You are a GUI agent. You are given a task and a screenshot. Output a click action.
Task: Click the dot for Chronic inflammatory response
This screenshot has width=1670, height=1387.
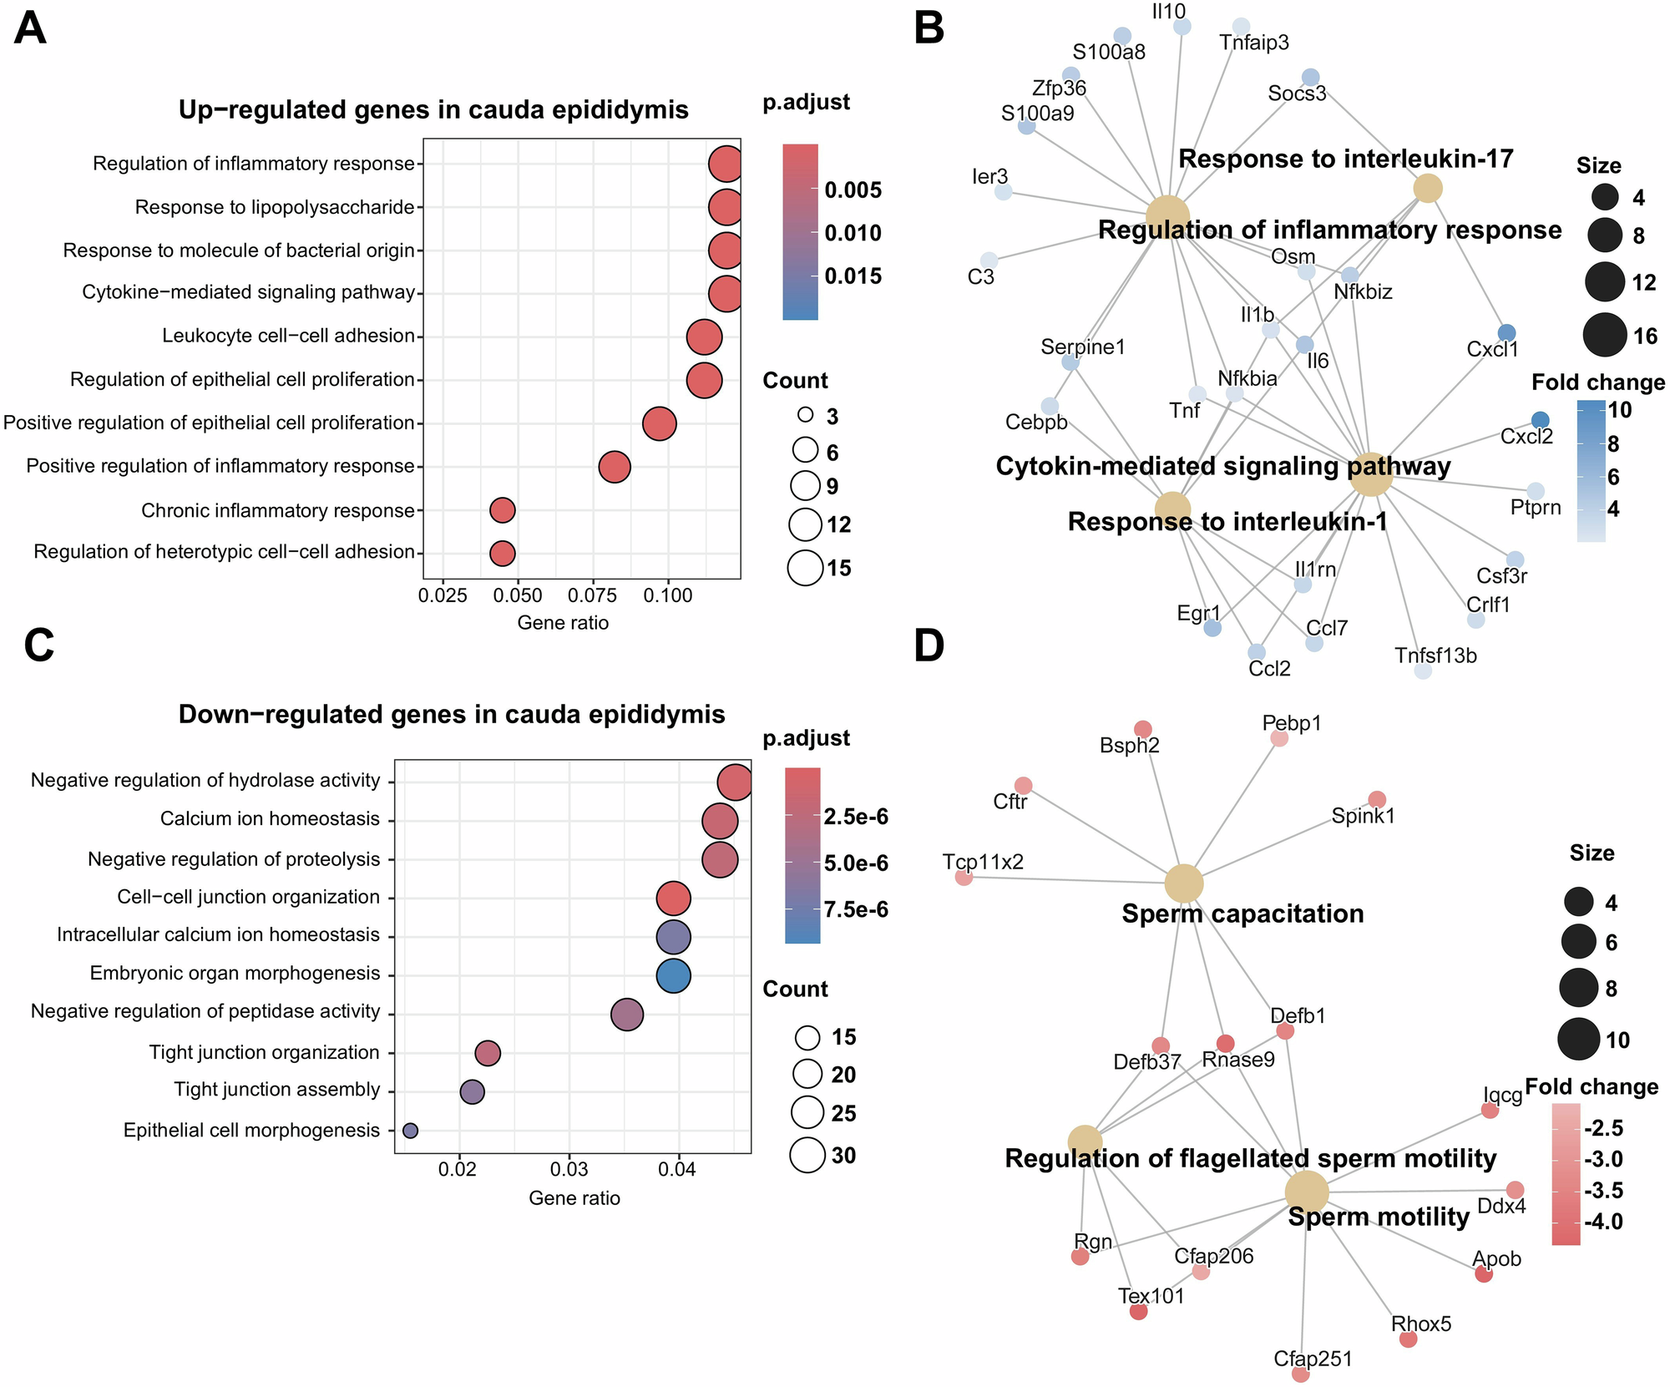(502, 510)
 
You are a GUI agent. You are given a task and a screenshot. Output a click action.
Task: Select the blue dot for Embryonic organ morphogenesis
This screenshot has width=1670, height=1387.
(673, 975)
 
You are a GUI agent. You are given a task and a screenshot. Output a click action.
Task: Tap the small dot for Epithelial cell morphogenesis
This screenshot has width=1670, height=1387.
(410, 1130)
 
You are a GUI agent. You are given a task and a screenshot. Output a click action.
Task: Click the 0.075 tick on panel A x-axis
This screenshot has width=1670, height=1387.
(594, 595)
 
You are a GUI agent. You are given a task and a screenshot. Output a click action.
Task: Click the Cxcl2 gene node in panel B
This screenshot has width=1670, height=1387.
(1541, 420)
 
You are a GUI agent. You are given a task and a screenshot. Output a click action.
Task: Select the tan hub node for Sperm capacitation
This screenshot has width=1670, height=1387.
(1184, 883)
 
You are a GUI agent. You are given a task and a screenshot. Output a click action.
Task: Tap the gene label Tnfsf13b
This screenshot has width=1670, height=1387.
(1435, 656)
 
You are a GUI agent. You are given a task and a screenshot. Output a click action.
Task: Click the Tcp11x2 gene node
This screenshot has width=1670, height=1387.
(964, 878)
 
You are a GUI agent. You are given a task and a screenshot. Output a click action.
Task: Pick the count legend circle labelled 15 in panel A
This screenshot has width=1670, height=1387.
(806, 569)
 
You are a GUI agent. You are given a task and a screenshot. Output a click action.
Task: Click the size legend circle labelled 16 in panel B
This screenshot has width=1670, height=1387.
(1605, 336)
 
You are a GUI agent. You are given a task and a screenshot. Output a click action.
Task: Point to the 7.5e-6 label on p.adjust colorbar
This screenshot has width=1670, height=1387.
(856, 909)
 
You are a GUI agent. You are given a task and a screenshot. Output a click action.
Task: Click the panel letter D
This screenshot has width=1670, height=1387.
(929, 645)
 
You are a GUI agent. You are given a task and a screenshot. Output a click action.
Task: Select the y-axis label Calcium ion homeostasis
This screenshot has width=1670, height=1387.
(270, 819)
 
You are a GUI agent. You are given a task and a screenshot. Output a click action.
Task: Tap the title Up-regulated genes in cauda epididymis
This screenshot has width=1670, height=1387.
(433, 110)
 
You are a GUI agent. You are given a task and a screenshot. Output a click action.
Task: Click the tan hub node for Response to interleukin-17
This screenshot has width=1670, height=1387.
(1428, 188)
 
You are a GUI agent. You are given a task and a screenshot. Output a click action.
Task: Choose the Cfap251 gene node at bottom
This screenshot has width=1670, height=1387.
(1300, 1374)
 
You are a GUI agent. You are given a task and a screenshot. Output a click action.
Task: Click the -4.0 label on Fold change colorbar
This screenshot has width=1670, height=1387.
(1602, 1222)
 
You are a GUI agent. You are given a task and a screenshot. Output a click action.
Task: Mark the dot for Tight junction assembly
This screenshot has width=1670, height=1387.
(472, 1091)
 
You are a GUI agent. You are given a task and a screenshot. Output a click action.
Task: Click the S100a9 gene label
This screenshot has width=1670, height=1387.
(1037, 113)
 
